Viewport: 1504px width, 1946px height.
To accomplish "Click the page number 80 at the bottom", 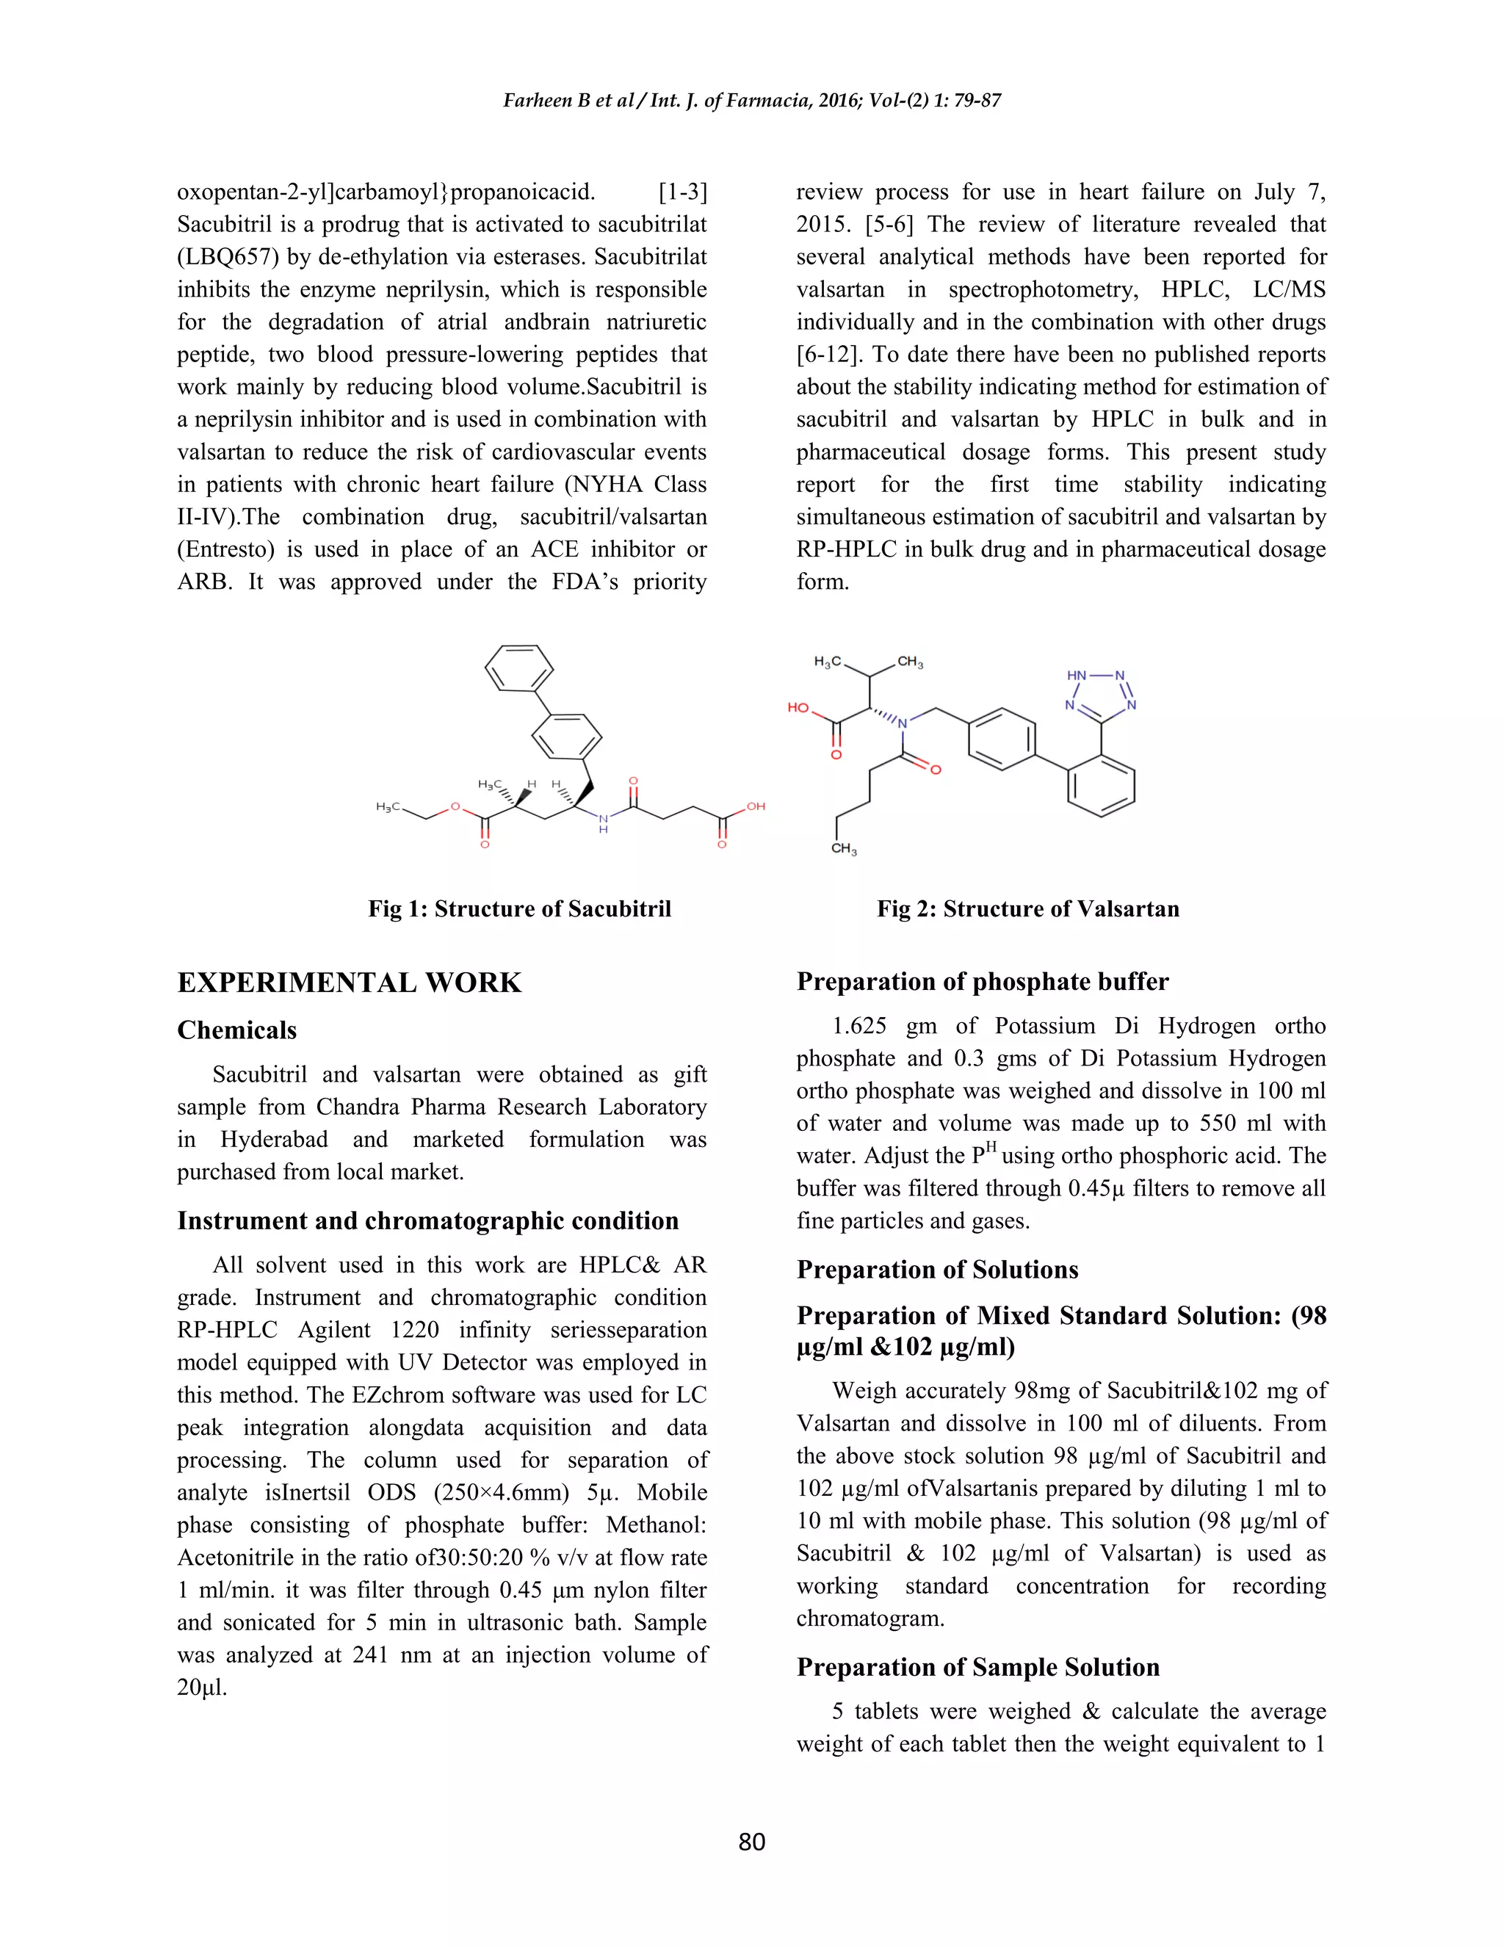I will (751, 1842).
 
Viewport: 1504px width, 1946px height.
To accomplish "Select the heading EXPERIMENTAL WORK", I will (350, 983).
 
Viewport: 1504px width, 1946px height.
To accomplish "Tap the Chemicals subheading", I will (237, 1030).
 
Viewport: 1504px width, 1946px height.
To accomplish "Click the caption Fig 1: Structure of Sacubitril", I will (519, 909).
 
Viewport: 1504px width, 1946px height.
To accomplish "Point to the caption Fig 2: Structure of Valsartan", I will (1027, 909).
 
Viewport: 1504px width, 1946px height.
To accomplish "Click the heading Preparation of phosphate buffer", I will (982, 982).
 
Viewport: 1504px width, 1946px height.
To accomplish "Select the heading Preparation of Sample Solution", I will (977, 1667).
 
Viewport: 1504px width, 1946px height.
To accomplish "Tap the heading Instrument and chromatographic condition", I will (427, 1220).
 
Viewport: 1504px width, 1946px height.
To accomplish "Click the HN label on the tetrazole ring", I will (1077, 676).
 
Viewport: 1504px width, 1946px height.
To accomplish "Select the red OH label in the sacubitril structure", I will (756, 806).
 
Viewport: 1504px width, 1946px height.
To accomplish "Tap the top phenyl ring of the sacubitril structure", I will (518, 668).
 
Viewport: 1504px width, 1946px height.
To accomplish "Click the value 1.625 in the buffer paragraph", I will (859, 1027).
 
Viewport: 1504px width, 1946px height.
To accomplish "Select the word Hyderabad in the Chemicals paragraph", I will (275, 1140).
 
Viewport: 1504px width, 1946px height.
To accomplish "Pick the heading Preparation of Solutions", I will (937, 1270).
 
